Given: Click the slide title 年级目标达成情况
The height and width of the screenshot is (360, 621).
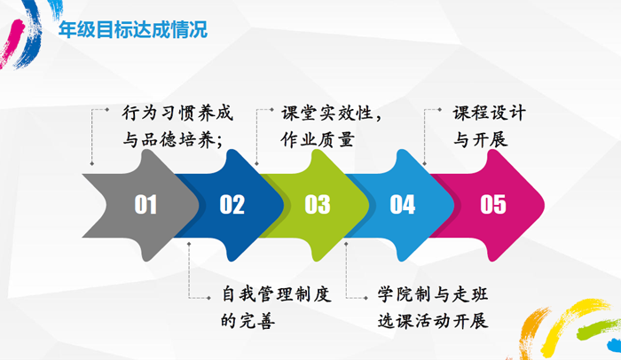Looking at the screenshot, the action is [x=133, y=29].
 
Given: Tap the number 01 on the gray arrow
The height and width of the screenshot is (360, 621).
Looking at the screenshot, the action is [x=145, y=204].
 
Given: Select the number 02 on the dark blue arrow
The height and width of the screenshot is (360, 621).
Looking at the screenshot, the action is [x=232, y=204].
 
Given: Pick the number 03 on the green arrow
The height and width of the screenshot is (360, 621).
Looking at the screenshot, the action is [x=318, y=204].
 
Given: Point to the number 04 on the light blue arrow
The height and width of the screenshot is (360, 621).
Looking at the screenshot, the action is [x=403, y=204].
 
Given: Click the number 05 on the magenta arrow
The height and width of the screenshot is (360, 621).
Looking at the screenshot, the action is [x=493, y=204].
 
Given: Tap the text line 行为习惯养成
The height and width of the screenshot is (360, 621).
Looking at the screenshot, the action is [x=177, y=113].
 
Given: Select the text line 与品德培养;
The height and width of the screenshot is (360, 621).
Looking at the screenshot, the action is [x=173, y=140].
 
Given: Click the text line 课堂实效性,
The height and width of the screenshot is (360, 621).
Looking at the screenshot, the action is [x=331, y=113].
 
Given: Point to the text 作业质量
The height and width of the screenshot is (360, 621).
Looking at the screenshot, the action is [x=318, y=140].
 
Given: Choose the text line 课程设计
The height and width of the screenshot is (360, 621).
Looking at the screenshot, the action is [x=490, y=113].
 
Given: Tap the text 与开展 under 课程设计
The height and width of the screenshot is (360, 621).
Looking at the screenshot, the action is [x=481, y=140].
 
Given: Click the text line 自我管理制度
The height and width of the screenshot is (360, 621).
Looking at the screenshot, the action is [x=276, y=294].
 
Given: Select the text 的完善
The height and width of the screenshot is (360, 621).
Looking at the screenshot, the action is [x=248, y=321].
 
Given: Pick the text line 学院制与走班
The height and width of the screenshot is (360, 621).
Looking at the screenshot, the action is [x=433, y=294].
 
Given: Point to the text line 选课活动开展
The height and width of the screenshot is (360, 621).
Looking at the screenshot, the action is [x=433, y=321].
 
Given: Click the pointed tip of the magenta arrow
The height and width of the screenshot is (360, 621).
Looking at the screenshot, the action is [x=544, y=205].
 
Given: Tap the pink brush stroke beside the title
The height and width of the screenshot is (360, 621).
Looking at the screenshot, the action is [x=11, y=43].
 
